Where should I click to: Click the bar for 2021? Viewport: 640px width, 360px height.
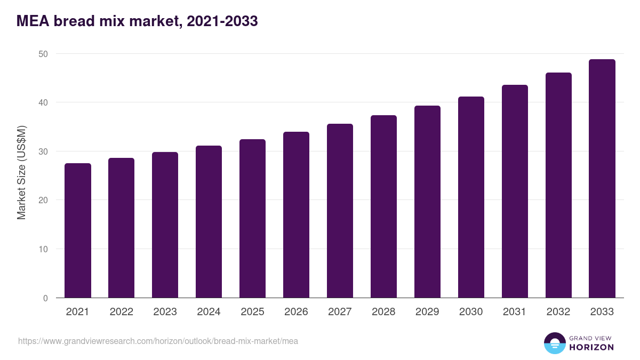pyautogui.click(x=78, y=230)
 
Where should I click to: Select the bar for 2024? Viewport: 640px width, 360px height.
pyautogui.click(x=209, y=222)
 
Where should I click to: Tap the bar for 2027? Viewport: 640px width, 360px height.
pyautogui.click(x=340, y=211)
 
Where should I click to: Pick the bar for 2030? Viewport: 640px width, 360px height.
pyautogui.click(x=471, y=197)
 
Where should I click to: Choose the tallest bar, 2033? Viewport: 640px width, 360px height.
pyautogui.click(x=602, y=179)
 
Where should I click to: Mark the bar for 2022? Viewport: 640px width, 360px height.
pyautogui.click(x=121, y=228)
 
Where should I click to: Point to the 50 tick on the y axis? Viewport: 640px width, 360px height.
pyautogui.click(x=43, y=54)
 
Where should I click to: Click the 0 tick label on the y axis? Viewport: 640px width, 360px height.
pyautogui.click(x=45, y=298)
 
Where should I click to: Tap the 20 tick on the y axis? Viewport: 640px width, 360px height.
pyautogui.click(x=43, y=200)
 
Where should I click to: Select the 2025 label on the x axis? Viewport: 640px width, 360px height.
pyautogui.click(x=252, y=312)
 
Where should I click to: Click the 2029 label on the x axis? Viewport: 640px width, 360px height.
pyautogui.click(x=427, y=312)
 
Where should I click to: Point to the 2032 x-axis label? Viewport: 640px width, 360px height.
pyautogui.click(x=558, y=312)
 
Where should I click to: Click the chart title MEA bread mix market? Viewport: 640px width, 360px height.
pyautogui.click(x=138, y=21)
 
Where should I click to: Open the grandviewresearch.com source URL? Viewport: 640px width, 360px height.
pyautogui.click(x=158, y=341)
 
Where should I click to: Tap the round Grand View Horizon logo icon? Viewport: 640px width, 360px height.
pyautogui.click(x=555, y=343)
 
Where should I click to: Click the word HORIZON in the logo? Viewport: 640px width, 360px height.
pyautogui.click(x=591, y=347)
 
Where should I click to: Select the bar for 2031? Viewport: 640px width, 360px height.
pyautogui.click(x=515, y=191)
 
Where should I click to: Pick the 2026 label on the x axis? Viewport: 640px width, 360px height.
pyautogui.click(x=296, y=312)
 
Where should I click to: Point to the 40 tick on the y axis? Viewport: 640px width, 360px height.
pyautogui.click(x=43, y=102)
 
